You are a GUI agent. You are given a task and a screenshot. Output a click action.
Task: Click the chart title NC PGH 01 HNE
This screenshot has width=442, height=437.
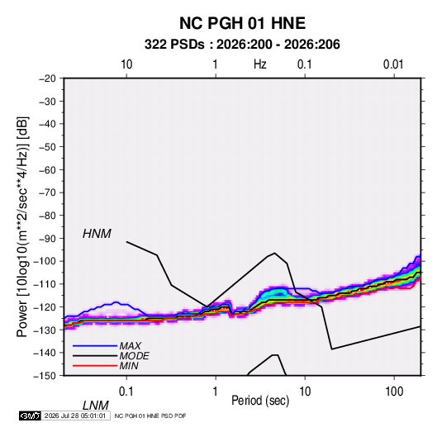242,23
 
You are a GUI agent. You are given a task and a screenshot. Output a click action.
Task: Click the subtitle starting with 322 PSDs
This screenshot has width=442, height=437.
242,45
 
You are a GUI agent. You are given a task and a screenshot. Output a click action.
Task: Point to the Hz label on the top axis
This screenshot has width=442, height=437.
260,64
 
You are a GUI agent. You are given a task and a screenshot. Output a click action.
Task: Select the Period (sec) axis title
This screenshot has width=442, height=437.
260,401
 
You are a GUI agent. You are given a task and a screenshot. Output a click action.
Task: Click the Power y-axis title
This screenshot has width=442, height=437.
22,226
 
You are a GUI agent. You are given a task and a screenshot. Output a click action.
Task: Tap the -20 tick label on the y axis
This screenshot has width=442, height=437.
47,78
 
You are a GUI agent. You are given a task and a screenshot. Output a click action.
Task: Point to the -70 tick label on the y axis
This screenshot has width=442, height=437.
47,192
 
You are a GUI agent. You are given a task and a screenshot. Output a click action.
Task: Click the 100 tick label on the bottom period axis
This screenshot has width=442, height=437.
394,392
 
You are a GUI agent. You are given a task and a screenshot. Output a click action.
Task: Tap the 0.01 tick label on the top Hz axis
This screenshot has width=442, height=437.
393,64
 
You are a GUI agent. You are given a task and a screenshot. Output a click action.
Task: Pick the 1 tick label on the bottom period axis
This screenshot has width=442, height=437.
216,392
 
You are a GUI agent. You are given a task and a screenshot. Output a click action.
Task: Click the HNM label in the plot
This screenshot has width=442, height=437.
97,234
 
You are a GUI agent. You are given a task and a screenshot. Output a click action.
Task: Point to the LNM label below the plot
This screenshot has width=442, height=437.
95,406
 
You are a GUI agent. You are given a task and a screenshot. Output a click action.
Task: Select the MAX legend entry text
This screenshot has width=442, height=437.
130,346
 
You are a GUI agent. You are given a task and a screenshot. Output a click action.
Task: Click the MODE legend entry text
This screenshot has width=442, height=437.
134,356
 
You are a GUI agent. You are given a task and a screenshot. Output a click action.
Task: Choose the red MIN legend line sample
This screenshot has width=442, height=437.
95,366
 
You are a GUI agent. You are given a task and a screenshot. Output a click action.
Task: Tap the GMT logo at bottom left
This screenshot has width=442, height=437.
30,416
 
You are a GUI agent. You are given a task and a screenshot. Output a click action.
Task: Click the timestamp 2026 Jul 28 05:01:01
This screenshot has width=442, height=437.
75,416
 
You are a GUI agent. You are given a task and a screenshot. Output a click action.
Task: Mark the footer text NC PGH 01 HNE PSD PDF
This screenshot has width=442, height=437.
150,416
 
